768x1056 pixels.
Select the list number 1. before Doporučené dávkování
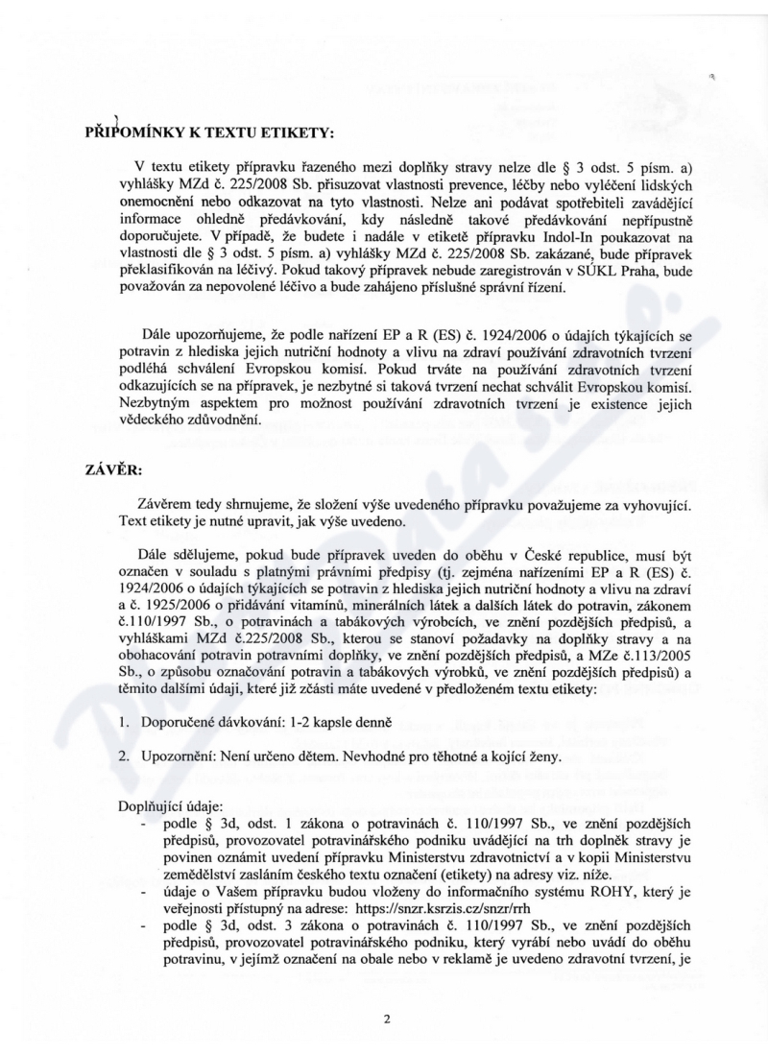(123, 721)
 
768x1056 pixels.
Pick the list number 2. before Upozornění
(123, 756)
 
